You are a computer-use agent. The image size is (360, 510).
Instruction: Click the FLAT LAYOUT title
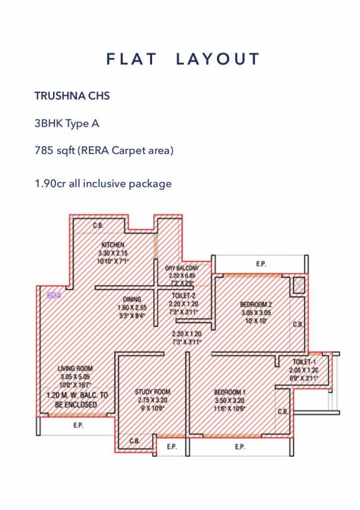(183, 59)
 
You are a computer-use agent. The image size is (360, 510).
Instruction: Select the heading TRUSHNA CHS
(72, 96)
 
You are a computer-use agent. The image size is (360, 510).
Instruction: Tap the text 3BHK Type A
(66, 124)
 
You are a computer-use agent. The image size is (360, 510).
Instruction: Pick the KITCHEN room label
(113, 245)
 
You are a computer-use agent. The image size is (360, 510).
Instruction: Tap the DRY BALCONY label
(182, 268)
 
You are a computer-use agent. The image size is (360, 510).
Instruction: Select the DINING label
(132, 300)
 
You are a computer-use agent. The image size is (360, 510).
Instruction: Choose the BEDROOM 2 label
(256, 305)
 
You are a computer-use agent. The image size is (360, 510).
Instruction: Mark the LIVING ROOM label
(75, 368)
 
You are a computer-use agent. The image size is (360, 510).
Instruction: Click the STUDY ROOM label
(153, 392)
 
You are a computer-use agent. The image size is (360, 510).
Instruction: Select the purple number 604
(53, 296)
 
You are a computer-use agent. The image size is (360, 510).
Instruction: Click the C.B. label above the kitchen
(98, 226)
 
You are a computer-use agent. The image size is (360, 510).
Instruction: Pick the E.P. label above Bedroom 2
(261, 264)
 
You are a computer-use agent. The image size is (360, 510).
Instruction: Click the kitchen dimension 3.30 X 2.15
(113, 253)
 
